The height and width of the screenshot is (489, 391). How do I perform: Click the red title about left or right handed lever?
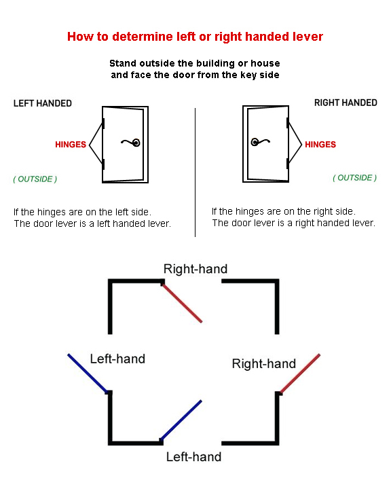(x=195, y=37)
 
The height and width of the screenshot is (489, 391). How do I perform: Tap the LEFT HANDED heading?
(x=43, y=103)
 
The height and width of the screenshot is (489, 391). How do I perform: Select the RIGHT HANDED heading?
(x=346, y=103)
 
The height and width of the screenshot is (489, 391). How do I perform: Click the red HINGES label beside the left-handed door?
(x=71, y=145)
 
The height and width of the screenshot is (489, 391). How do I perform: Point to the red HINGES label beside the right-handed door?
(x=320, y=145)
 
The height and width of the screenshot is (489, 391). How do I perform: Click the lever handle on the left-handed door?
(x=131, y=143)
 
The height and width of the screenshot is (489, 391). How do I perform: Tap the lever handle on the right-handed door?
(x=261, y=142)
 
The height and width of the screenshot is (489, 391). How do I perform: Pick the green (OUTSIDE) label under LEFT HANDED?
(x=35, y=179)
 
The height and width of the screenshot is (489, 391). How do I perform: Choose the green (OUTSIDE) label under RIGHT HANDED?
(x=355, y=178)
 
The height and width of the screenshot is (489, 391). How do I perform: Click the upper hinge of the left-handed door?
(x=103, y=124)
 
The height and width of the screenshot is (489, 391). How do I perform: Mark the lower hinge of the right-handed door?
(x=288, y=164)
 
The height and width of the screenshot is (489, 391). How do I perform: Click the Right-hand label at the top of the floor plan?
(x=195, y=269)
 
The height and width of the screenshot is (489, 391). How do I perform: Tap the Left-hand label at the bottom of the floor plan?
(x=193, y=457)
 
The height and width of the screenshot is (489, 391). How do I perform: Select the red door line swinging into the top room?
(x=182, y=303)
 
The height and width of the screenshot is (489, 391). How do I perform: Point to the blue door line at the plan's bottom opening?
(x=181, y=420)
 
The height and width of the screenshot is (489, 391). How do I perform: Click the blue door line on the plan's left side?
(x=88, y=373)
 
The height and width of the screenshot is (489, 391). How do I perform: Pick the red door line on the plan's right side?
(x=300, y=374)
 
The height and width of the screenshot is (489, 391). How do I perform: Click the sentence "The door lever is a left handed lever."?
(x=92, y=223)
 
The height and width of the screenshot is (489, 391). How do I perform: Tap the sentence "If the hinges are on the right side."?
(x=284, y=211)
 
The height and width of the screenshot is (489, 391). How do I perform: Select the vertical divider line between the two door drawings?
(x=195, y=173)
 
